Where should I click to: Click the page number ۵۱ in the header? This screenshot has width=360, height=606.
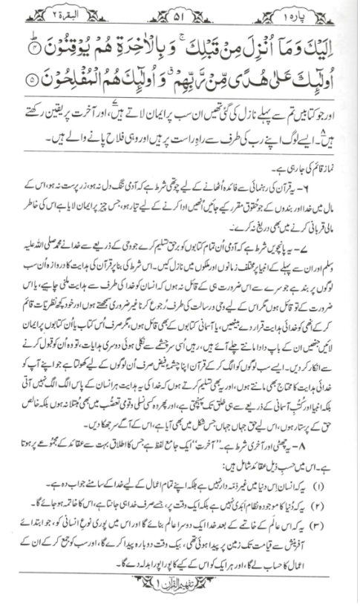pyautogui.click(x=180, y=12)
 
